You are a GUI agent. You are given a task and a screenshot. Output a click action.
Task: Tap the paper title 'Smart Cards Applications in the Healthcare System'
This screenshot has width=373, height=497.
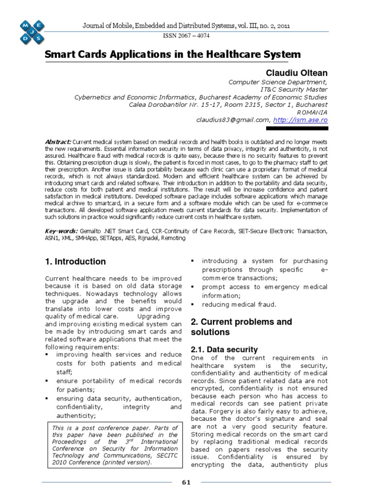click(x=166, y=55)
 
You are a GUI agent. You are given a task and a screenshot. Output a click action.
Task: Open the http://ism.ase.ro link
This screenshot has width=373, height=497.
click(x=300, y=120)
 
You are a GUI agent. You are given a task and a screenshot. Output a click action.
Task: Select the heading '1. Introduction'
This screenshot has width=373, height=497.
click(x=75, y=262)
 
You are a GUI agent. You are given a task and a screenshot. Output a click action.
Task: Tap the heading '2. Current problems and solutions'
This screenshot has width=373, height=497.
click(x=241, y=327)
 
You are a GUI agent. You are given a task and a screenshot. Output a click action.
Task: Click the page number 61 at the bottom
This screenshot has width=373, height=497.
click(x=186, y=482)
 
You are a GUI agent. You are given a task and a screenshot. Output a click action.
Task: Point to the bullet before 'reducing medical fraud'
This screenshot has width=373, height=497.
click(x=193, y=304)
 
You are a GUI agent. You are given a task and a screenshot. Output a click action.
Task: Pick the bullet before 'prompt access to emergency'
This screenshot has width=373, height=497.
click(x=193, y=287)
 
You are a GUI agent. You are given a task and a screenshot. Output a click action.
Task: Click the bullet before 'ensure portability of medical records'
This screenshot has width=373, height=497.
click(x=47, y=381)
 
